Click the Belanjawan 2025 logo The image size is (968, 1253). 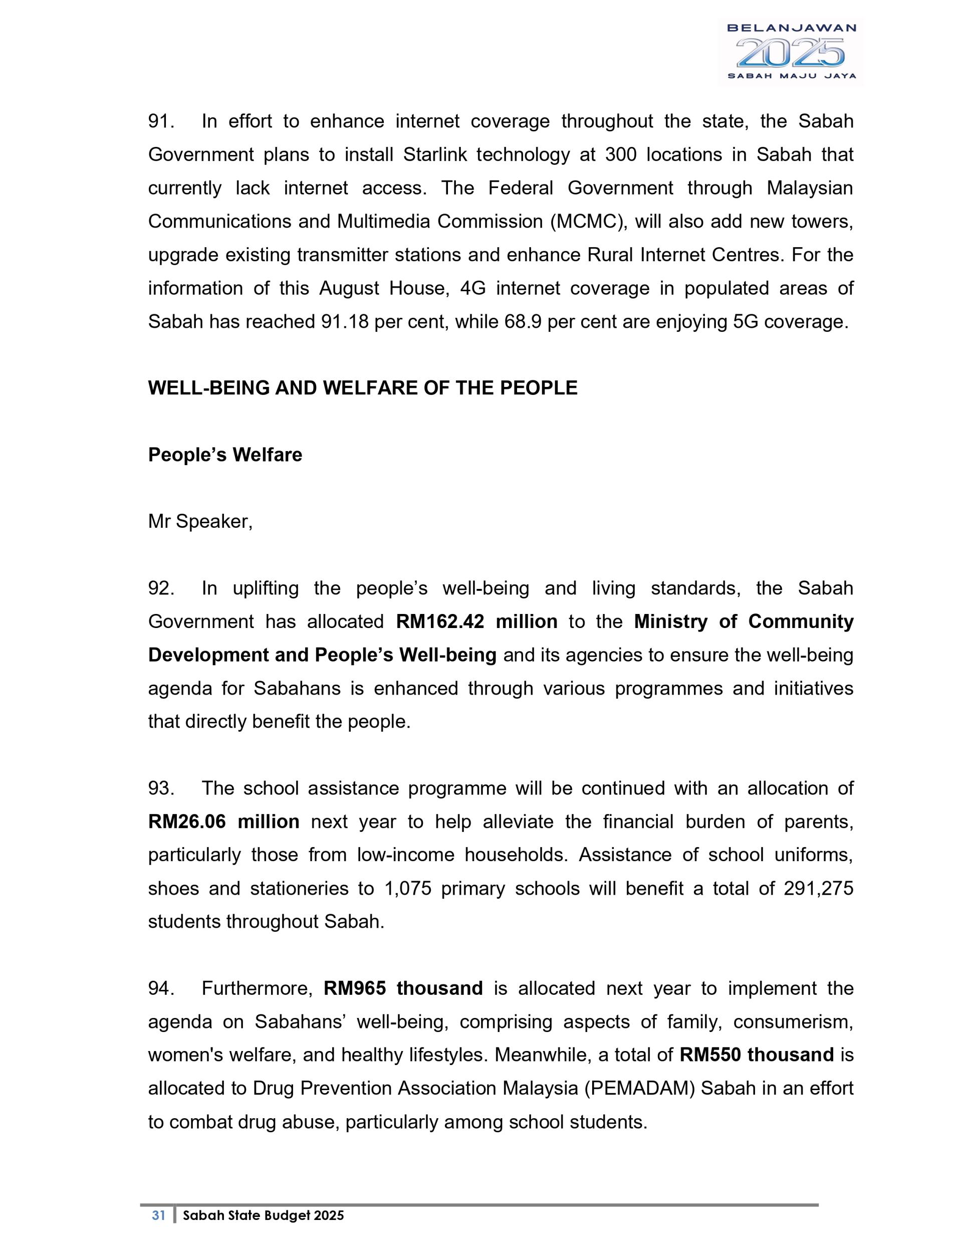[x=791, y=52]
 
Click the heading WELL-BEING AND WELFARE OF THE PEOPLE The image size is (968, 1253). [x=362, y=388]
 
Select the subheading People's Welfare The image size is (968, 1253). [x=225, y=455]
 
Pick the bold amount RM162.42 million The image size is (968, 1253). [x=476, y=622]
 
